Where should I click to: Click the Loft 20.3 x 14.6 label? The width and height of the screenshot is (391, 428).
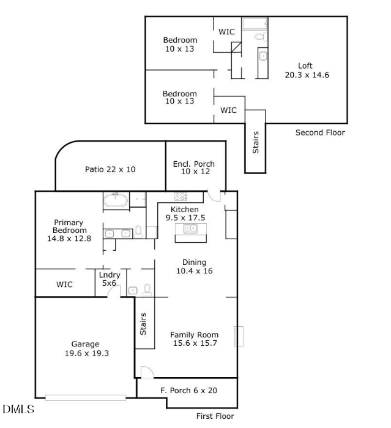pos(305,71)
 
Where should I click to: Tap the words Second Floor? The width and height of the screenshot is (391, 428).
pos(320,132)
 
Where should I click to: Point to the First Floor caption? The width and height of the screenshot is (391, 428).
pos(215,416)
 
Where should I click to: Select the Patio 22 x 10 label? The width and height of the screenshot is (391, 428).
pos(110,169)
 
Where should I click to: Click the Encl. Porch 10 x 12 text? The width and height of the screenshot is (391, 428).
pos(194,168)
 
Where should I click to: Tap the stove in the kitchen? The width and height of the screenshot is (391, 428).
pos(181,197)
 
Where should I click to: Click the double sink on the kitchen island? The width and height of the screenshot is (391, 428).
pos(190,229)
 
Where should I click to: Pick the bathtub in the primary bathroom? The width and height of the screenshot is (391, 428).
pos(115,200)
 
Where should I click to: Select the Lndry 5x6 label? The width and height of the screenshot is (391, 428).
pos(110,280)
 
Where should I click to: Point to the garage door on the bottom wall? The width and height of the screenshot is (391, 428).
pos(86,398)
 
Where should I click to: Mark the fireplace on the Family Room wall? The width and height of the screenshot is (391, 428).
pos(240,336)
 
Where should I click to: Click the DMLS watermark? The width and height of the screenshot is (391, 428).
pos(18,409)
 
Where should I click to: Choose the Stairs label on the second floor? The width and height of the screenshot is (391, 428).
pos(256,142)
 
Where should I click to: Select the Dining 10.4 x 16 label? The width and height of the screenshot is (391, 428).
pos(194,266)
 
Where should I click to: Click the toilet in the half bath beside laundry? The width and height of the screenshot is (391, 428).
pos(147,289)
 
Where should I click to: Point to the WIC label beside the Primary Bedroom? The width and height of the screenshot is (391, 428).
pos(64,285)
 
